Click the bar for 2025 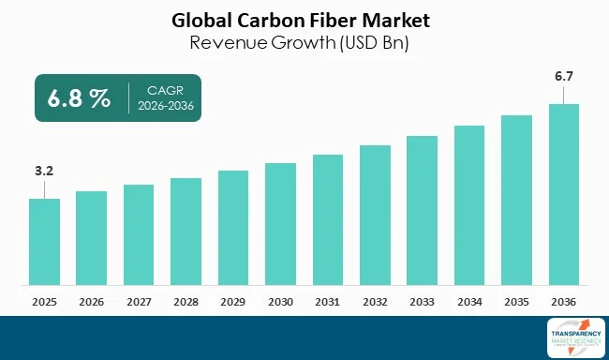click(x=44, y=242)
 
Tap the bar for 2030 click(x=280, y=224)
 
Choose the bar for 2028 click(x=186, y=232)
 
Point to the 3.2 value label click(x=44, y=172)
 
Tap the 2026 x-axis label click(x=91, y=302)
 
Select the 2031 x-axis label click(x=328, y=302)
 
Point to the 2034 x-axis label click(x=469, y=302)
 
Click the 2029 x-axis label click(x=233, y=302)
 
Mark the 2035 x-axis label click(x=516, y=302)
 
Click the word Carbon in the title click(x=264, y=19)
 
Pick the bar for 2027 click(x=139, y=235)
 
